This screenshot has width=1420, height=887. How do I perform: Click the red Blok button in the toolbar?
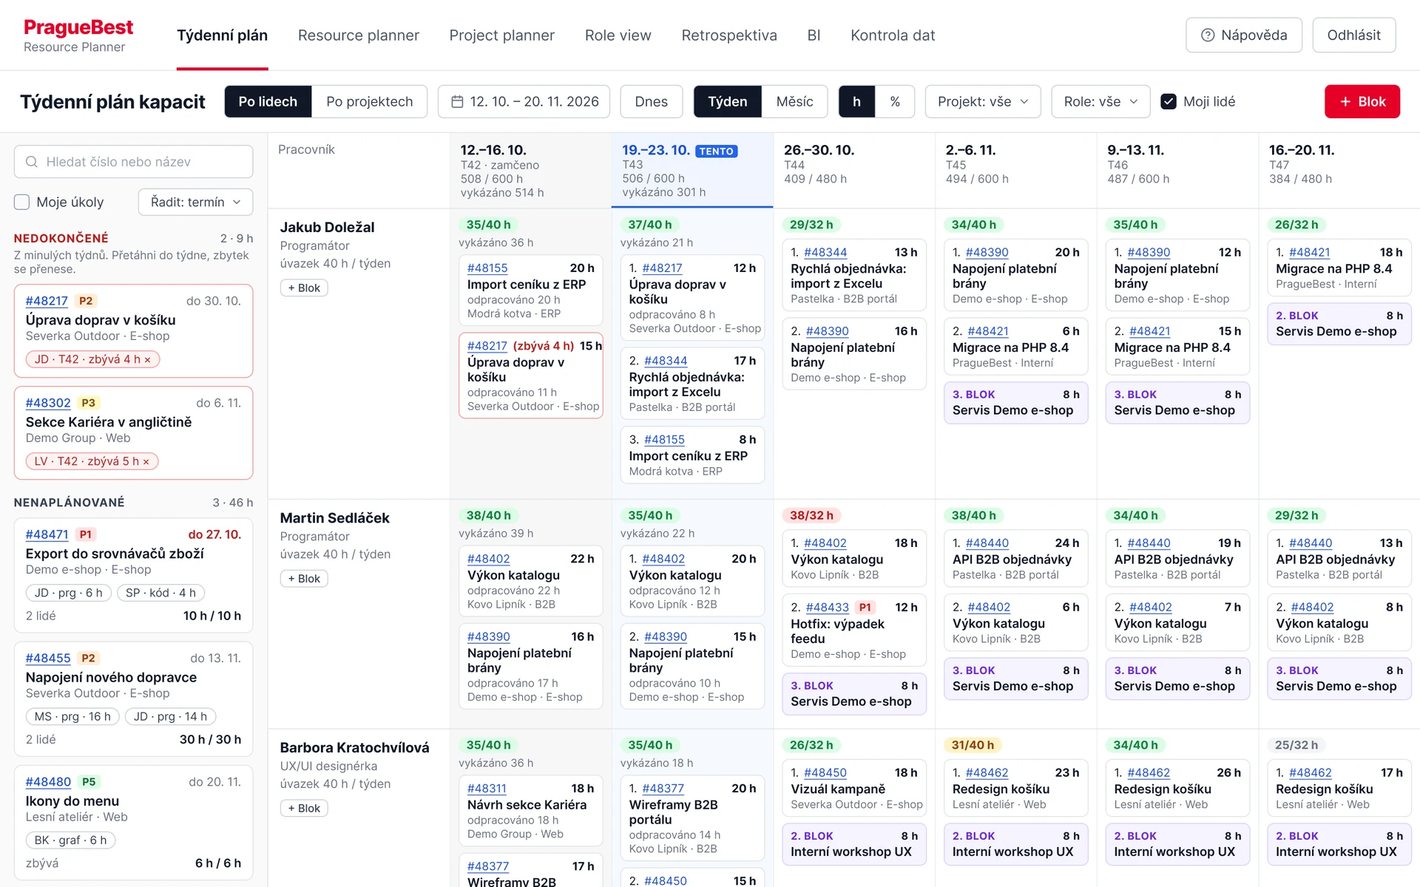point(1362,101)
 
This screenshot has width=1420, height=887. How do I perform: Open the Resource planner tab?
point(358,35)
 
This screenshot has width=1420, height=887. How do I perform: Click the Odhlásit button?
point(1353,35)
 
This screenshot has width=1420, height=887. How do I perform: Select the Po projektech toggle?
point(369,101)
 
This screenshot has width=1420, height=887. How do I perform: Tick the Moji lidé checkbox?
point(1169,101)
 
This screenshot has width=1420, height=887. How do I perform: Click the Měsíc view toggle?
point(794,101)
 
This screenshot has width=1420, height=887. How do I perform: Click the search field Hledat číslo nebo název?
point(133,161)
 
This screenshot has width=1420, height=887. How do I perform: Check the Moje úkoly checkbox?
point(22,202)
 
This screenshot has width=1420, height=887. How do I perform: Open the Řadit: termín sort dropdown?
point(195,202)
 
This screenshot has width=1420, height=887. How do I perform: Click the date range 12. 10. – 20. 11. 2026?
point(524,101)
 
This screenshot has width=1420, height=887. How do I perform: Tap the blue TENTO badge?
point(716,151)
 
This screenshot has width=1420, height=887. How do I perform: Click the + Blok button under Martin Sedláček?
point(304,578)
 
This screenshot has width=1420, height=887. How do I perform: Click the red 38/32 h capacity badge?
point(811,515)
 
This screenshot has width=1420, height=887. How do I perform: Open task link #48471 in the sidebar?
point(47,534)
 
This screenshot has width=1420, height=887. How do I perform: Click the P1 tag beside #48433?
point(865,607)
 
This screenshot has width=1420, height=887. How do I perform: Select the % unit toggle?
point(895,101)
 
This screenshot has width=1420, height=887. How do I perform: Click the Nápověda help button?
point(1243,35)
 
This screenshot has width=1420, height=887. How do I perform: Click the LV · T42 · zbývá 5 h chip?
point(92,461)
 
